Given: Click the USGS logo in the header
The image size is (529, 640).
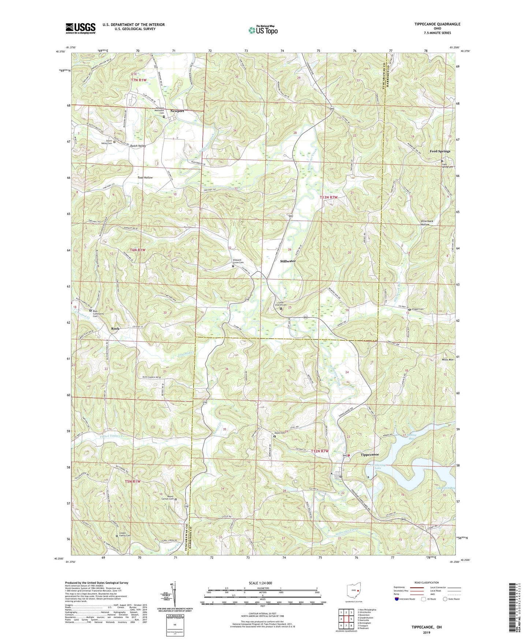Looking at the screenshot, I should (81, 28).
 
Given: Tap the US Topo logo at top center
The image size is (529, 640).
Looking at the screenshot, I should (262, 30).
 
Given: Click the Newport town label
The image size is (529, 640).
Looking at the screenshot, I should (177, 111).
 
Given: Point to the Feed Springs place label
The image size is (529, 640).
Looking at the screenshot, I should (440, 151).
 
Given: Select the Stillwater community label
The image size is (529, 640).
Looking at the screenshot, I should (288, 261).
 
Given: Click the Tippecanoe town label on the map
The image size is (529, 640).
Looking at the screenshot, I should (370, 455).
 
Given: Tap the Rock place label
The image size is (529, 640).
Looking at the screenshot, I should (115, 328).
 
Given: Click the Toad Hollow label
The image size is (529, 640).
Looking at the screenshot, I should (145, 177).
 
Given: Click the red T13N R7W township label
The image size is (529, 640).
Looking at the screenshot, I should (328, 197).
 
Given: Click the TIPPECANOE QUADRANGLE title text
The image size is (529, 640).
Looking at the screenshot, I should (437, 24).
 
